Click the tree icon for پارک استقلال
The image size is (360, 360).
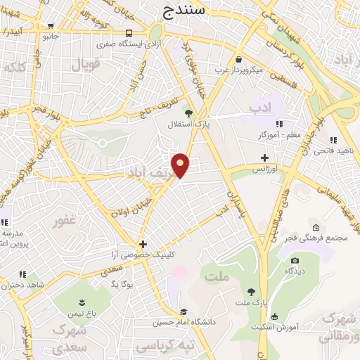(x=188, y=112)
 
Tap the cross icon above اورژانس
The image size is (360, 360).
(x=264, y=157)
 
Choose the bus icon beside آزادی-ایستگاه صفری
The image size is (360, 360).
(x=128, y=34)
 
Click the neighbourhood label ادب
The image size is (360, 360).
(x=259, y=107)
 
